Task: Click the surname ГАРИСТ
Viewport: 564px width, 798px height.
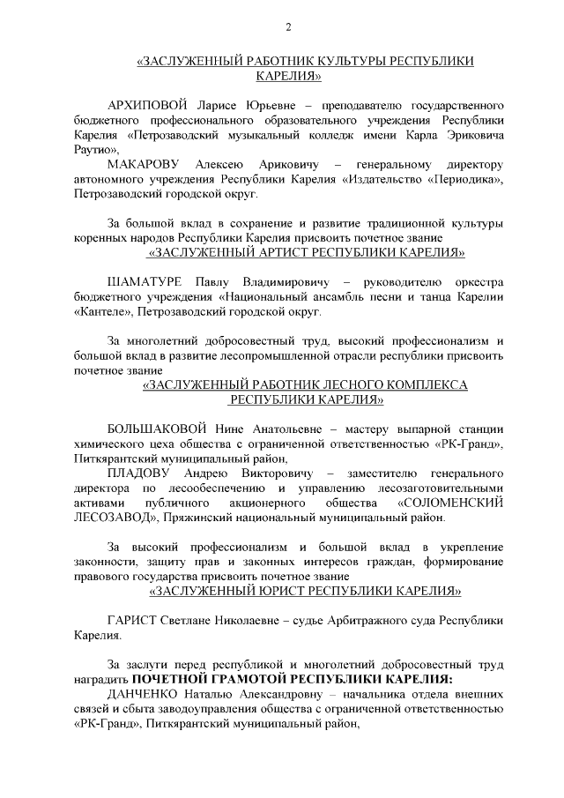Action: click(131, 620)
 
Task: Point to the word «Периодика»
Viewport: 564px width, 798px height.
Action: click(464, 180)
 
